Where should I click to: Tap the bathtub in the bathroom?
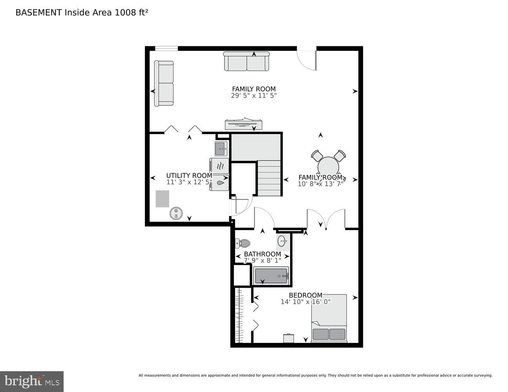(x=271, y=276)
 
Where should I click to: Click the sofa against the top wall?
(x=247, y=62)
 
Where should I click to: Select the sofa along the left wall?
(x=164, y=83)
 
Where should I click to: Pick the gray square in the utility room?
(x=162, y=199)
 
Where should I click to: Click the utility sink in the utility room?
(x=221, y=149)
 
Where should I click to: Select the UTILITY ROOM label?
(x=189, y=176)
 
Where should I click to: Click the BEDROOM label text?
(x=305, y=295)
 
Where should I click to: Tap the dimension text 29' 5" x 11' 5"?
(x=254, y=95)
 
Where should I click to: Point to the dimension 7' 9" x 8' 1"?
(x=262, y=260)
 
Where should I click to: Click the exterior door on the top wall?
(x=307, y=60)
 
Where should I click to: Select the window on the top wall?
(x=166, y=49)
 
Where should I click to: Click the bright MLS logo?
(x=32, y=381)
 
